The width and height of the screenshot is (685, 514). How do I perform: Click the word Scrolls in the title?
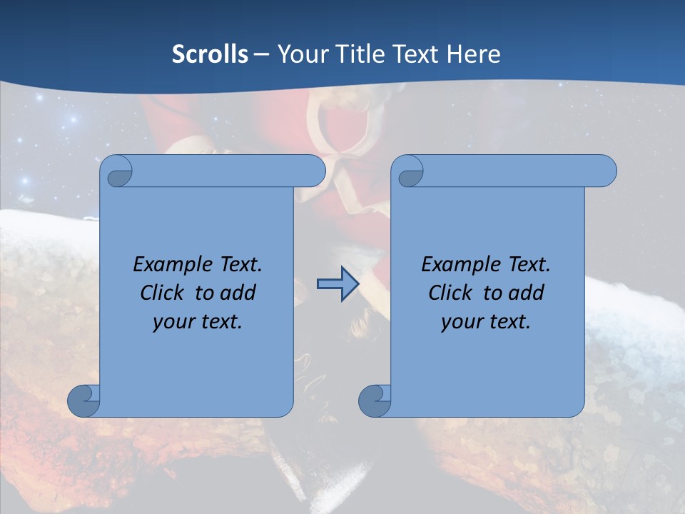210,54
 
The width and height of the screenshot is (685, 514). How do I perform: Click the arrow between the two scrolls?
337,284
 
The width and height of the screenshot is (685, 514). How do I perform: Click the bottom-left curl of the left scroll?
83,400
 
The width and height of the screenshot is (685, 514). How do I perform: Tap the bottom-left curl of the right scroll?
374,400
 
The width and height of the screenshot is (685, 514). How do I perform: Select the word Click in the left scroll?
162,293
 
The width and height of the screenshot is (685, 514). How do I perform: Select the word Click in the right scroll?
450,293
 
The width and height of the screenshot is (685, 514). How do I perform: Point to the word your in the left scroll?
171,322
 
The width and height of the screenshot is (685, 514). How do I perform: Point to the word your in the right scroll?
460,322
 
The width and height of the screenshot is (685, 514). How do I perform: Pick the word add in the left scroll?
239,293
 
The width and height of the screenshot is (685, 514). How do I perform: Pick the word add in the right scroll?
527,293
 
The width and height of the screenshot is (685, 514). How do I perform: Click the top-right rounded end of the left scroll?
314,171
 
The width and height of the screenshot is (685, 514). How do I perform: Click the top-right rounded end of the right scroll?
605,171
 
